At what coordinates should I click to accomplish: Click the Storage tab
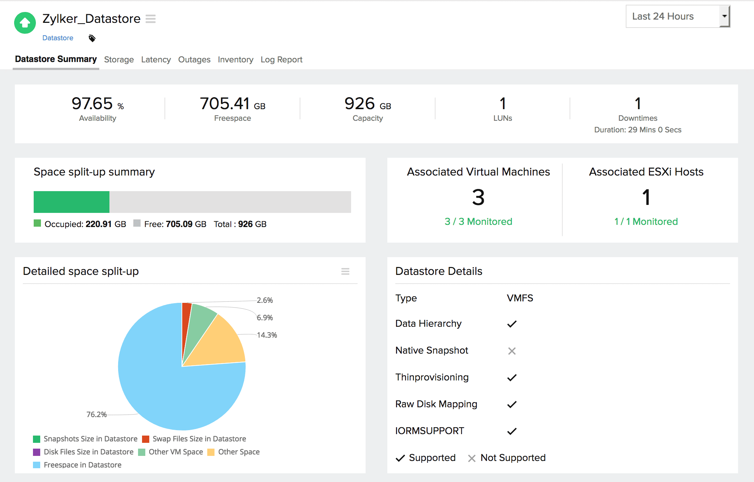click(x=119, y=59)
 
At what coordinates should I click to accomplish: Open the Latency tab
click(x=156, y=59)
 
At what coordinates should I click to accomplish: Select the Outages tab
click(x=194, y=59)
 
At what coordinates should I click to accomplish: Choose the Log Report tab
click(x=281, y=59)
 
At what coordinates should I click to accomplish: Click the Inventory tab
click(x=236, y=59)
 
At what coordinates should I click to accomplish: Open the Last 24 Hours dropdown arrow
click(x=724, y=16)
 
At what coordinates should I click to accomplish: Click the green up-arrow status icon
click(x=25, y=23)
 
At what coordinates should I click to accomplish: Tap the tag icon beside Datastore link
click(x=92, y=38)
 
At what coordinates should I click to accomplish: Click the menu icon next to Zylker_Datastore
click(x=150, y=18)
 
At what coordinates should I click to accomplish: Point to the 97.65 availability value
click(x=92, y=104)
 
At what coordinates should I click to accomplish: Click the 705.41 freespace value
click(x=225, y=104)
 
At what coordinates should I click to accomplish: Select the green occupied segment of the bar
click(x=71, y=202)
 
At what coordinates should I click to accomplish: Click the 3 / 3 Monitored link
click(x=478, y=222)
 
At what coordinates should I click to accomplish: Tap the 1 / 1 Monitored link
click(x=646, y=222)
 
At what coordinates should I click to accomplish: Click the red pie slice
click(x=186, y=316)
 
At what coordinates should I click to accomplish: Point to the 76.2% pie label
click(x=96, y=414)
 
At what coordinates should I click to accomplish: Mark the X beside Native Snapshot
click(x=512, y=351)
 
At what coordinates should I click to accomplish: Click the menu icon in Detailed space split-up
click(x=345, y=271)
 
